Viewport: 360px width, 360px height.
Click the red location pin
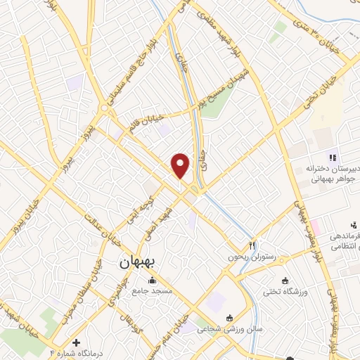click(x=181, y=165)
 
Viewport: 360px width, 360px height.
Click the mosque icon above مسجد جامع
click(x=153, y=281)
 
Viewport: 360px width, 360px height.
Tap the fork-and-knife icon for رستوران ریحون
click(x=251, y=246)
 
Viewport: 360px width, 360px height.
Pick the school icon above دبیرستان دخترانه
click(x=333, y=157)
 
